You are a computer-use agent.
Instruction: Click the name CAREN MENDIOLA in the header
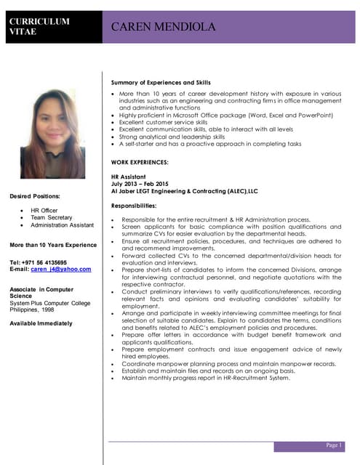[164, 27]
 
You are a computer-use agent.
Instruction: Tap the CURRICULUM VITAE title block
[39, 26]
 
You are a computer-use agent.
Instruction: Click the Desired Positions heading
[35, 196]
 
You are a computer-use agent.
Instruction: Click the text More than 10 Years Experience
[53, 245]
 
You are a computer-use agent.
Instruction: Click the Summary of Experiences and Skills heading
[161, 82]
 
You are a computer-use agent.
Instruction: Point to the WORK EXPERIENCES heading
[140, 162]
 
